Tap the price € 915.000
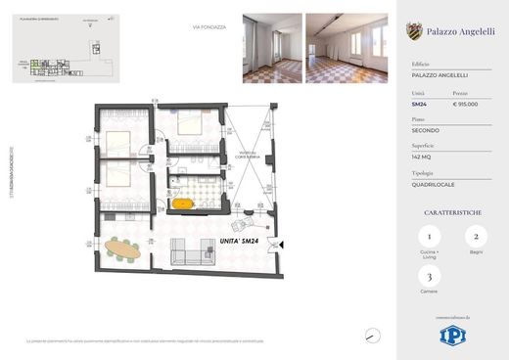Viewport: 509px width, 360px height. click(x=464, y=104)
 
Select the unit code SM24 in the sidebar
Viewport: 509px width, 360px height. click(x=417, y=104)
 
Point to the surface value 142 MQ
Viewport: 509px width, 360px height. click(x=422, y=156)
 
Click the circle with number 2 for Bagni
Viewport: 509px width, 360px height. click(x=475, y=237)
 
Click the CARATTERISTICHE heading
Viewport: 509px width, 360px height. click(x=452, y=210)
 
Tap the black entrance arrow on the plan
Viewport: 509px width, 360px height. click(x=279, y=244)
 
